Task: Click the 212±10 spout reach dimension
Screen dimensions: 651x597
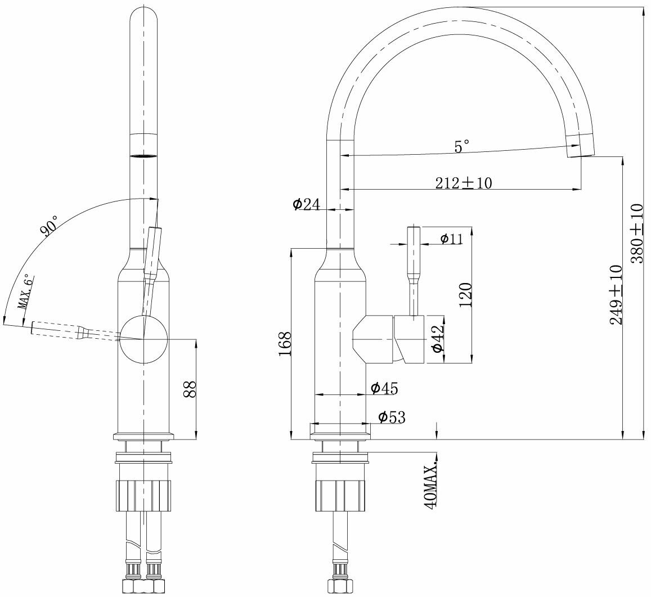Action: click(x=463, y=183)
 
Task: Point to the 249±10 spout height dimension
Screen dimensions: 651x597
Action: click(x=616, y=294)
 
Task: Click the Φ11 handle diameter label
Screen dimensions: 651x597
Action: click(x=451, y=239)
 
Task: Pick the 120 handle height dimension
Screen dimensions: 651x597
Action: click(x=465, y=294)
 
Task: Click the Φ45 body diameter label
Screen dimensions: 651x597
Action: click(x=384, y=388)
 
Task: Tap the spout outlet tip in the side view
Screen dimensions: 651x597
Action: click(x=580, y=147)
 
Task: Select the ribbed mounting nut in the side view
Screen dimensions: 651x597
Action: click(x=341, y=496)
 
